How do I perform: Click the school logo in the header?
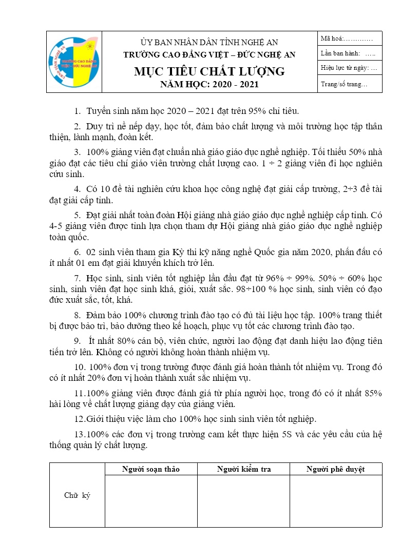[x=74, y=62]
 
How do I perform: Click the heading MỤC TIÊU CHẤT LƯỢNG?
[x=209, y=71]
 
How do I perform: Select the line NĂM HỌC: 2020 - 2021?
[x=209, y=85]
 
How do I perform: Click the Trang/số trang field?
[x=344, y=84]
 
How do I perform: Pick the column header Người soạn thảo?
[x=150, y=469]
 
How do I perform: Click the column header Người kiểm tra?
[x=244, y=469]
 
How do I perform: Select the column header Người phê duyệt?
[x=335, y=469]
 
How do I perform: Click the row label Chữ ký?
[x=77, y=496]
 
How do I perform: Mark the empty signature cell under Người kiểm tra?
[x=244, y=500]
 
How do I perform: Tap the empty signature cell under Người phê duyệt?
[x=336, y=500]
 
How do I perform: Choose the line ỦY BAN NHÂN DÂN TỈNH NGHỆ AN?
[x=209, y=42]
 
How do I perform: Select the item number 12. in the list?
[x=80, y=418]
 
